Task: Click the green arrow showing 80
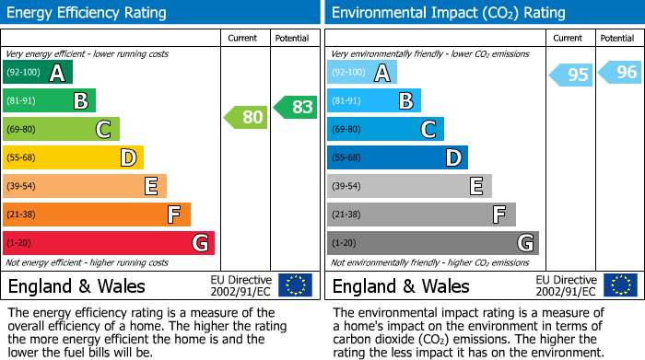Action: point(246,117)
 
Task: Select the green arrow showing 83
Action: point(296,107)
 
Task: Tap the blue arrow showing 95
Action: point(571,75)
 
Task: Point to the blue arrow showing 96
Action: point(620,73)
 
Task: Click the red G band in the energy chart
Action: point(109,243)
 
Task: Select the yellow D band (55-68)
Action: point(73,157)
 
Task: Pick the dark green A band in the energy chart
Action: point(38,72)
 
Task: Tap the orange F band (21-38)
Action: point(97,215)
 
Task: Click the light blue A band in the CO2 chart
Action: point(362,72)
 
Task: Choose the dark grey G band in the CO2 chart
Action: point(433,243)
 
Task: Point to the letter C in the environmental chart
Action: point(428,129)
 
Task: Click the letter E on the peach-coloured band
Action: point(151,186)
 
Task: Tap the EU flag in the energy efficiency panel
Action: point(296,285)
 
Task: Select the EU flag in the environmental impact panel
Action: point(621,285)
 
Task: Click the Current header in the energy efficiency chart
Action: point(242,39)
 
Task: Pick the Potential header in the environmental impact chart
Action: point(617,39)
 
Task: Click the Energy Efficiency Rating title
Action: point(87,13)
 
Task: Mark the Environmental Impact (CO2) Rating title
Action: point(449,13)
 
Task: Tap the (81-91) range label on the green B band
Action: point(21,100)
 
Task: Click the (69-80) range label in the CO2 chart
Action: point(346,129)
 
